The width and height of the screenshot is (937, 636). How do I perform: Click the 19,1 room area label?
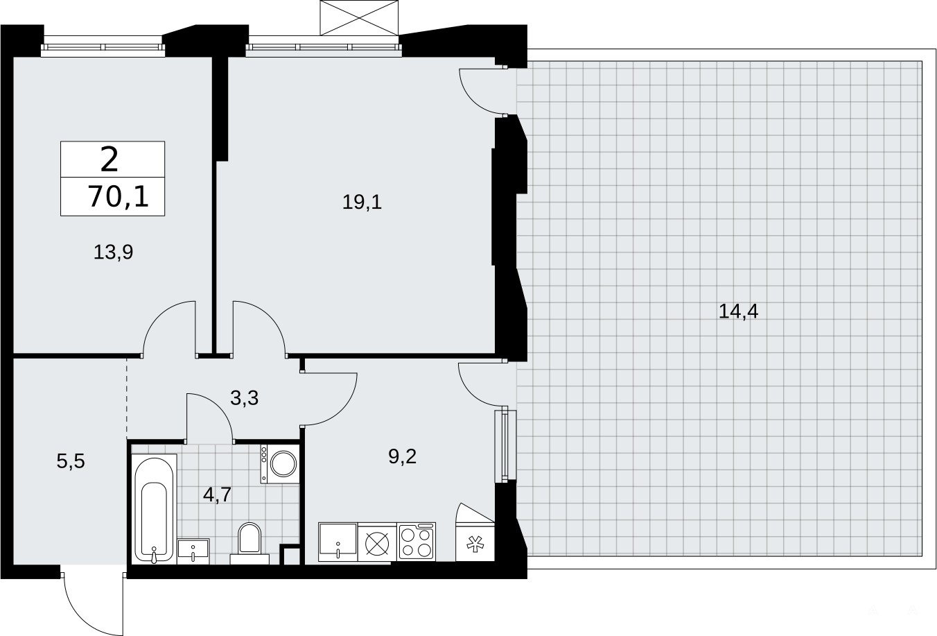pyautogui.click(x=362, y=203)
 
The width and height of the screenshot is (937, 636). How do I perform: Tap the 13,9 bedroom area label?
pyautogui.click(x=113, y=252)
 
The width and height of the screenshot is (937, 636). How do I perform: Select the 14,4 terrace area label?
pyautogui.click(x=738, y=311)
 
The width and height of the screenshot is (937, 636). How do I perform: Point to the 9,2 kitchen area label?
pyautogui.click(x=403, y=456)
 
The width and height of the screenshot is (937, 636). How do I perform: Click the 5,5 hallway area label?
pyautogui.click(x=71, y=461)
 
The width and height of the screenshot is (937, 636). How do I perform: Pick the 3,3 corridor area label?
pyautogui.click(x=244, y=398)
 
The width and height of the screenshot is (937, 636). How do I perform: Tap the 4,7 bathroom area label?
pyautogui.click(x=217, y=495)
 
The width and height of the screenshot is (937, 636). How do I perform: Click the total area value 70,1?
pyautogui.click(x=119, y=197)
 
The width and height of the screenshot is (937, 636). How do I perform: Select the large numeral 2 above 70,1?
pyautogui.click(x=110, y=160)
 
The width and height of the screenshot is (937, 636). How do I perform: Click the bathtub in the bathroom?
pyautogui.click(x=154, y=508)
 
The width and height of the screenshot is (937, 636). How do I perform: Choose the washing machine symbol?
pyautogui.click(x=279, y=464)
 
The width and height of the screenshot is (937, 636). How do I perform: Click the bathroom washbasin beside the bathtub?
pyautogui.click(x=193, y=551)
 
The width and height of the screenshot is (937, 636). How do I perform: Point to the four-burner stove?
pyautogui.click(x=417, y=542)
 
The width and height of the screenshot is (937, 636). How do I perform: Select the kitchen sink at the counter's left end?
pyautogui.click(x=338, y=542)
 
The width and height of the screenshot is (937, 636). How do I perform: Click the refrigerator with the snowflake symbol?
pyautogui.click(x=475, y=542)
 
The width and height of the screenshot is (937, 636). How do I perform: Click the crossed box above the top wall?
pyautogui.click(x=359, y=17)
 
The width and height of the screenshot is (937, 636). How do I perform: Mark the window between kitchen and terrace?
pyautogui.click(x=505, y=445)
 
